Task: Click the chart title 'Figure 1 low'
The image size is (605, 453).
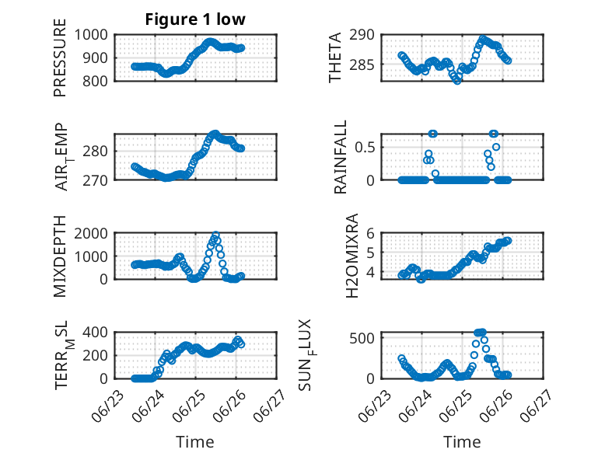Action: tap(195, 19)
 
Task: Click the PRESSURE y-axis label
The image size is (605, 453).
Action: tap(60, 57)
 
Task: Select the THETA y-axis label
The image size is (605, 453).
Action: tap(335, 57)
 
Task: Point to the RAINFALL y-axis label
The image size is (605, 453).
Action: tap(341, 157)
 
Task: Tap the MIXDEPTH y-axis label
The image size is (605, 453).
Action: tap(60, 256)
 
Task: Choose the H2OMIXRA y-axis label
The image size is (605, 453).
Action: tap(352, 256)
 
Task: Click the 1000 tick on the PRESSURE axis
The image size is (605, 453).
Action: tap(91, 35)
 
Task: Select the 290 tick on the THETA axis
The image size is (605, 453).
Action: tap(362, 35)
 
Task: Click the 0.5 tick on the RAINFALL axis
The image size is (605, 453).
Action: tap(365, 148)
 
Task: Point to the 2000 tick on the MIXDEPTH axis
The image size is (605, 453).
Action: tap(91, 233)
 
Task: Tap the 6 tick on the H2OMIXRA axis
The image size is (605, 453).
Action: tap(370, 233)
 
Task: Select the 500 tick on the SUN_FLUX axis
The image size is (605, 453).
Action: tap(362, 338)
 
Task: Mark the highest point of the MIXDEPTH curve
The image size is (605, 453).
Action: tap(216, 235)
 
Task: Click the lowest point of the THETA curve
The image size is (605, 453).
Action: tap(457, 81)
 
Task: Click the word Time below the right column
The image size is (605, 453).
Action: tap(462, 441)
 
